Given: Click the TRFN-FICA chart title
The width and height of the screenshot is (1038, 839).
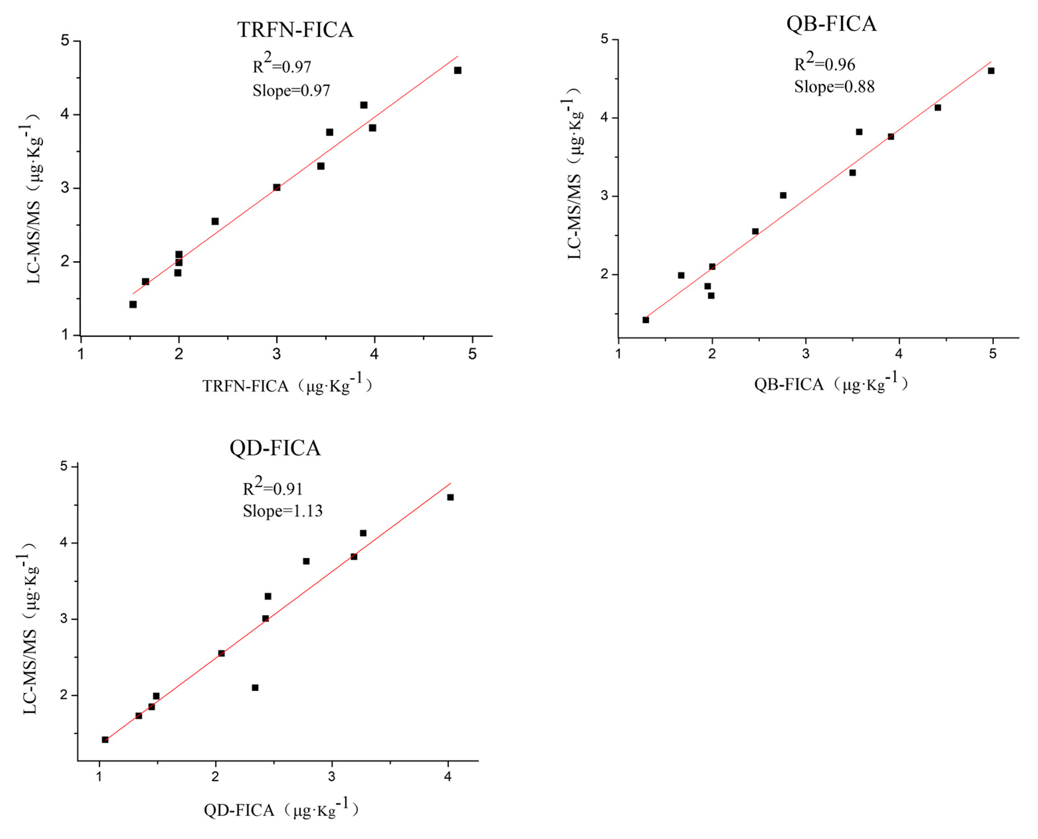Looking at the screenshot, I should (295, 30).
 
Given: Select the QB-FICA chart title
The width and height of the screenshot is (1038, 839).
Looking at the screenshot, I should (831, 24).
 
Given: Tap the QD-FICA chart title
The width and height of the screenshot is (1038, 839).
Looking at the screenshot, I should (275, 448).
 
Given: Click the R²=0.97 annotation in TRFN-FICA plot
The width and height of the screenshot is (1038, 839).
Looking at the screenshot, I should (282, 65).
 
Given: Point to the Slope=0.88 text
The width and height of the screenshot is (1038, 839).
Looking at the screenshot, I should (834, 87).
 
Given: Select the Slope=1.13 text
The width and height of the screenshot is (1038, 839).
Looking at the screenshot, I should (282, 511).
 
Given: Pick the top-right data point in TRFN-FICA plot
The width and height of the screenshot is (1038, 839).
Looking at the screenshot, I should (457, 71).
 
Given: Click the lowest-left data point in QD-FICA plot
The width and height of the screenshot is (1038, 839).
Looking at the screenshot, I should (105, 739).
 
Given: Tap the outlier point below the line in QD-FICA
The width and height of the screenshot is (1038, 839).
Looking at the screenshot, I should (255, 687).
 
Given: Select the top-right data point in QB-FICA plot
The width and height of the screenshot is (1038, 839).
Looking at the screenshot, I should (991, 71).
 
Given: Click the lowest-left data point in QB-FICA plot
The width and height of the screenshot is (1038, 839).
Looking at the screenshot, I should (645, 320).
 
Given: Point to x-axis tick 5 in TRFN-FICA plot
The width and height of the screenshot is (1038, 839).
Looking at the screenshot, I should (472, 354).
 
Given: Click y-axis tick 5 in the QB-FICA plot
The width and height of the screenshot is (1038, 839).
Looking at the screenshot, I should (604, 39).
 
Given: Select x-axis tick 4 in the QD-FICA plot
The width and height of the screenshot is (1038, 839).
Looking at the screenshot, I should (448, 777).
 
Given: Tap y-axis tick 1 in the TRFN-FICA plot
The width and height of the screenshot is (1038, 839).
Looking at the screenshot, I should (65, 335).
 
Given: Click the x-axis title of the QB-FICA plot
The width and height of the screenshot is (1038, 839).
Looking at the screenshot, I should (831, 384).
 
